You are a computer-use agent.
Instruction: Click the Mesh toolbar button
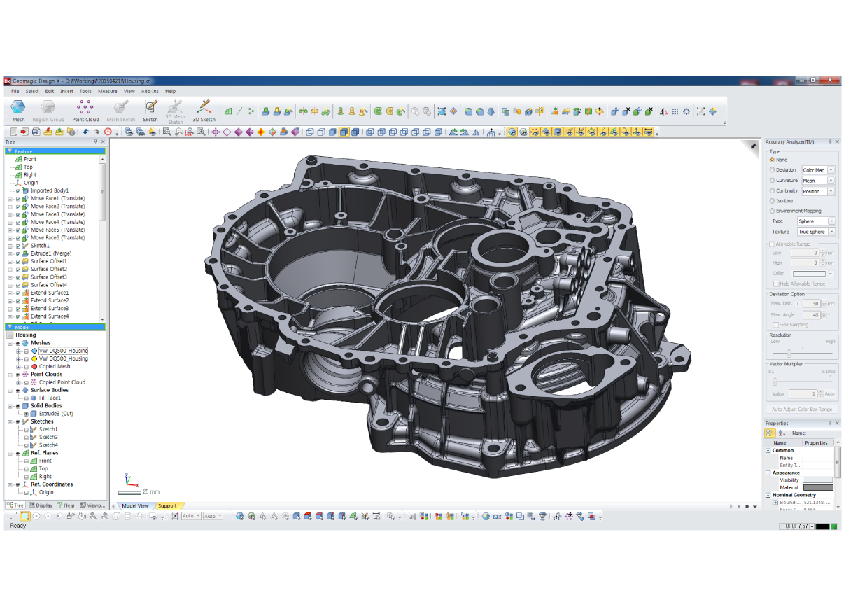pyautogui.click(x=18, y=109)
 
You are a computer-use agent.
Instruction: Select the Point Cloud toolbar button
pyautogui.click(x=85, y=109)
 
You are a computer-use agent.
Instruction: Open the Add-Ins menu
pyautogui.click(x=150, y=91)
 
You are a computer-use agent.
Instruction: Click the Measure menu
pyautogui.click(x=108, y=91)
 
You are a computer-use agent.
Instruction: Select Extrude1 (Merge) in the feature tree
pyautogui.click(x=50, y=253)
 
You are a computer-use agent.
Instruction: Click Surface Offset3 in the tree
pyautogui.click(x=49, y=277)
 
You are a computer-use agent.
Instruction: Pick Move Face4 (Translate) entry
pyautogui.click(x=57, y=222)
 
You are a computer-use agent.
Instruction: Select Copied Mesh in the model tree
pyautogui.click(x=55, y=366)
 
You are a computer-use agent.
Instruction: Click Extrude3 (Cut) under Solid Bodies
pyautogui.click(x=56, y=414)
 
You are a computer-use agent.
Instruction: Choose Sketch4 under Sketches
pyautogui.click(x=48, y=445)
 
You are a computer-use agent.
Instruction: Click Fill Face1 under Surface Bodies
pyautogui.click(x=50, y=398)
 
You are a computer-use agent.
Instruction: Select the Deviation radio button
pyautogui.click(x=773, y=170)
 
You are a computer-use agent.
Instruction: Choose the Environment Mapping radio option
pyautogui.click(x=773, y=211)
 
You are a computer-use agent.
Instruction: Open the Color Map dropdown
pyautogui.click(x=818, y=170)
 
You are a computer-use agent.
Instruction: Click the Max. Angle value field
pyautogui.click(x=811, y=315)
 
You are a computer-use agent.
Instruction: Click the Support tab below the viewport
pyautogui.click(x=167, y=505)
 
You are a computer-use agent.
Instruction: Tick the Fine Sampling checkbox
pyautogui.click(x=775, y=325)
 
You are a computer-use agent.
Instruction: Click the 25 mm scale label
pyautogui.click(x=150, y=491)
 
